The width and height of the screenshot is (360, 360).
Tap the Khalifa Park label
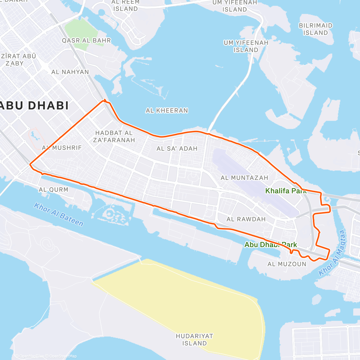[286, 191]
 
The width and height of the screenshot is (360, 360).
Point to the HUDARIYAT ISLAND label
[194, 340]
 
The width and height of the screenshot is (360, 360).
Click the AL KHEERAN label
[167, 111]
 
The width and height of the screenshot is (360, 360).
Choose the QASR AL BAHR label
[86, 40]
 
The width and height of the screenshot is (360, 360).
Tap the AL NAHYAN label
[70, 72]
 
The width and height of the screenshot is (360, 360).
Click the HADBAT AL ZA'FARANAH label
[114, 136]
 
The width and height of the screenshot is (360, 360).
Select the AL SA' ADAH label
[177, 148]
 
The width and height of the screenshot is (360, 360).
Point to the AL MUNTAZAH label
[244, 178]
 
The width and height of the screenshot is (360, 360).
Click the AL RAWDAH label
[246, 219]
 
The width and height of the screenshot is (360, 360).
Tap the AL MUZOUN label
[287, 264]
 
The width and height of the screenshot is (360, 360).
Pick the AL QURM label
[53, 190]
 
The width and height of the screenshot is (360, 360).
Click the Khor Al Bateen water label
[58, 214]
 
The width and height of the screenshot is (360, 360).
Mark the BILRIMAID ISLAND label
[316, 29]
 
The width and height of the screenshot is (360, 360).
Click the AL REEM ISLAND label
[125, 5]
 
